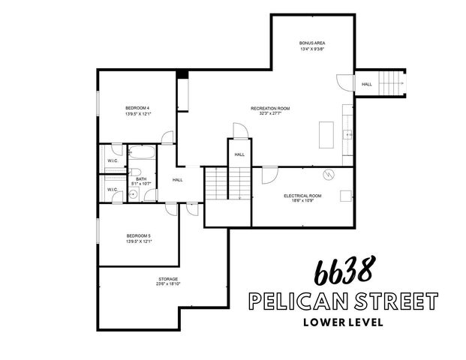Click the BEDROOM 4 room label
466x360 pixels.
[x=137, y=108]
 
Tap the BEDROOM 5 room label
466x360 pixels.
[x=139, y=235]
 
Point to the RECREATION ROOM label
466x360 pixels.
[x=270, y=109]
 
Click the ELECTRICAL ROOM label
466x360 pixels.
[x=303, y=196]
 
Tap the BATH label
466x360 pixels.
[x=141, y=178]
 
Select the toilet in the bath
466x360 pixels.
[x=149, y=193]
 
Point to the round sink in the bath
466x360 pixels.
[x=134, y=193]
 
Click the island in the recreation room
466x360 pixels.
[x=327, y=136]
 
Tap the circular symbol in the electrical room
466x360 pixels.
[x=328, y=175]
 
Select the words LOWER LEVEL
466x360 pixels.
[x=341, y=323]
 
